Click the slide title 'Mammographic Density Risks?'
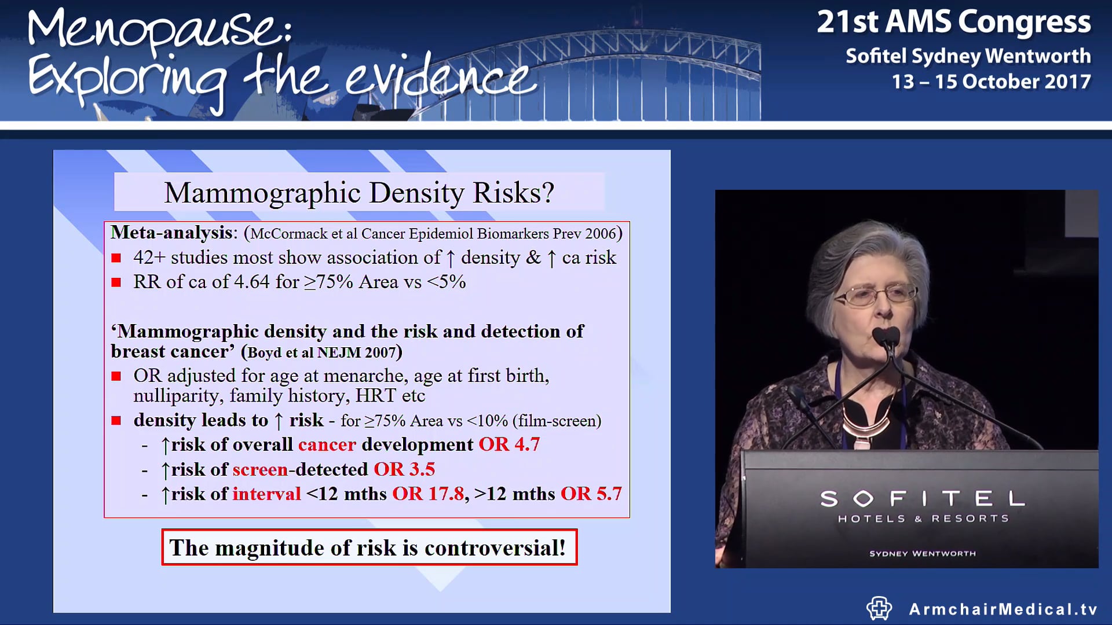(x=359, y=193)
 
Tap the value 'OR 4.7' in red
(x=509, y=444)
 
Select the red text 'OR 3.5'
(x=404, y=469)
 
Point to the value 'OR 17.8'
(x=428, y=494)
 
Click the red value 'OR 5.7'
(x=591, y=494)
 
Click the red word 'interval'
(x=266, y=494)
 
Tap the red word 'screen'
(x=260, y=469)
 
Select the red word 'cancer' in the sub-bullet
(x=327, y=444)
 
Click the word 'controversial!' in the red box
(x=495, y=547)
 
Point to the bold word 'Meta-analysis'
(x=172, y=233)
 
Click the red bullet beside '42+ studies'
(x=116, y=258)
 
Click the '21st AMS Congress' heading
(x=953, y=22)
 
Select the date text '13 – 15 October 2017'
(x=991, y=82)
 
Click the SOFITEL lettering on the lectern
(x=923, y=498)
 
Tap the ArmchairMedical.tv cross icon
(x=879, y=608)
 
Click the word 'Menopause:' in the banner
(x=159, y=30)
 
